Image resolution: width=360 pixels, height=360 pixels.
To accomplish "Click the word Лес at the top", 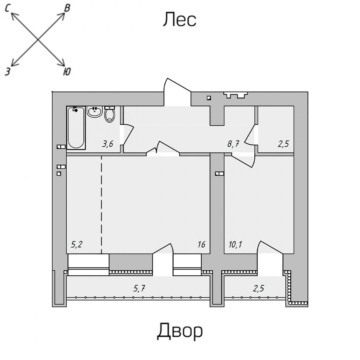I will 179,20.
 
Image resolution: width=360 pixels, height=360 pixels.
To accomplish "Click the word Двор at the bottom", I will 180,331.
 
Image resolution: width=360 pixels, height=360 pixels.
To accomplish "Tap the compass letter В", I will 67,8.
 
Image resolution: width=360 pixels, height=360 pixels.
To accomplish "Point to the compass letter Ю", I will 67,71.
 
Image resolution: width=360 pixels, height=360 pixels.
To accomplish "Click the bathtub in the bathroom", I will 76,128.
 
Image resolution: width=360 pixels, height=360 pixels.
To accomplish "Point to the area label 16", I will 201,245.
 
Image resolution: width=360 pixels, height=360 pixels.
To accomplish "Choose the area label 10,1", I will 235,245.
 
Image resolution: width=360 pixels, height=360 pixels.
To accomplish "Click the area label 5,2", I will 77,245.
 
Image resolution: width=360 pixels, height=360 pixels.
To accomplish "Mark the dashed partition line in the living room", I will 101,203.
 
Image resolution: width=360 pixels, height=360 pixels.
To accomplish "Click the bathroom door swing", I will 128,135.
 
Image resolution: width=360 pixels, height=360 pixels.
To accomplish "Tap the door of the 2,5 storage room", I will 251,135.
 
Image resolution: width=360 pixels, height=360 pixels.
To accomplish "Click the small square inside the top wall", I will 209,98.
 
